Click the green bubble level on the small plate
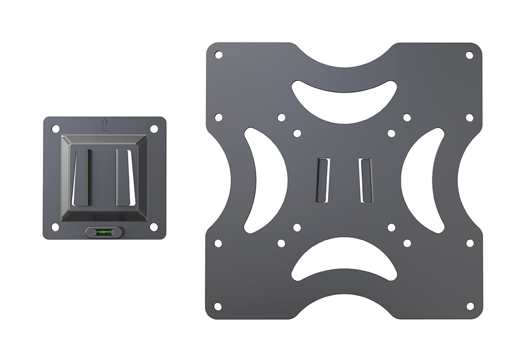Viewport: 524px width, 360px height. coord(105,231)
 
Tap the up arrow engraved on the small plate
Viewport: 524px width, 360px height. coord(104,125)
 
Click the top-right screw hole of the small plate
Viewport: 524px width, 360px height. coord(154,128)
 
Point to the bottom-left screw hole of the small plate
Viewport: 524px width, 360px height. coord(55,227)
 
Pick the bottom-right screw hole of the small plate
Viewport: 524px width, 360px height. coord(154,227)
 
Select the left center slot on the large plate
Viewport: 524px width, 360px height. coord(321,180)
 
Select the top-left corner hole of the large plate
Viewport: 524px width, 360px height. coord(219,54)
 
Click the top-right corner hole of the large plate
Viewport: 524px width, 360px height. coord(470,54)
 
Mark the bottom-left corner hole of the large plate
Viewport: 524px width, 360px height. coord(219,306)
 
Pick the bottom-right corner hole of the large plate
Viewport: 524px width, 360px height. coord(470,306)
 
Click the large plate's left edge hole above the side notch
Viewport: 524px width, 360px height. coord(219,117)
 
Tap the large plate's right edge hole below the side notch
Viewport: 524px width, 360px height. coord(470,243)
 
